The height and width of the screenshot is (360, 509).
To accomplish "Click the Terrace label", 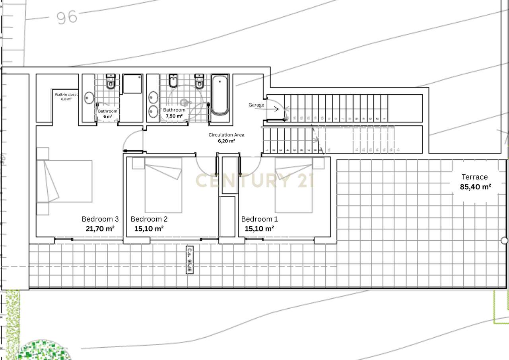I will click(474, 177).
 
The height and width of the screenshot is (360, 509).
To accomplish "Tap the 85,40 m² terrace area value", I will click(475, 187).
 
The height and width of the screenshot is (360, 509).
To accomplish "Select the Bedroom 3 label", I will click(100, 219).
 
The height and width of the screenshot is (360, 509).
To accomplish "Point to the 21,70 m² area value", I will click(100, 229).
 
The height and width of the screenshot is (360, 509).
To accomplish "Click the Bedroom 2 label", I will click(149, 219).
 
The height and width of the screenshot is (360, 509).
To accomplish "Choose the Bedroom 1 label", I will click(260, 219).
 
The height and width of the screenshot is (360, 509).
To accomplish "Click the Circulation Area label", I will click(226, 135).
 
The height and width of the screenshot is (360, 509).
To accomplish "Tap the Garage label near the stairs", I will click(256, 105).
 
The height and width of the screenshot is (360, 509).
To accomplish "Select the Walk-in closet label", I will click(66, 95).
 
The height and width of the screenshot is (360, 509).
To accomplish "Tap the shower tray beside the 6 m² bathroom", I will click(132, 84).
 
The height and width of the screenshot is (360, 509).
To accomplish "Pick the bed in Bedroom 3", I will click(64, 181).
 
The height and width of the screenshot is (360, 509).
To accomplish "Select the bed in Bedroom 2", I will click(163, 185).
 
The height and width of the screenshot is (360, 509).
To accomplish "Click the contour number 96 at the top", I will click(66, 17).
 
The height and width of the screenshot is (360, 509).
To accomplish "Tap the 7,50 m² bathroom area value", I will click(174, 116).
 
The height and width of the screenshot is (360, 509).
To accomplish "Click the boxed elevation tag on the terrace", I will click(190, 260).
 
